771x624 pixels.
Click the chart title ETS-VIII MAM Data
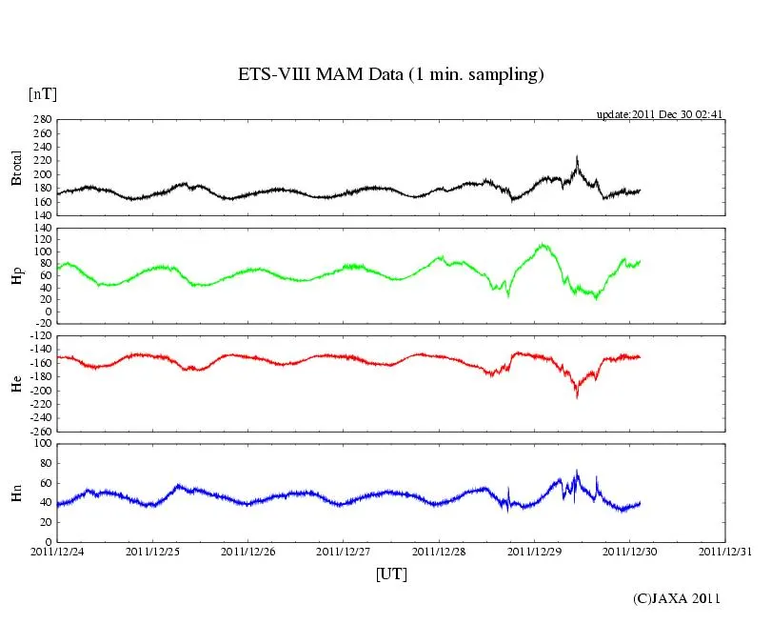[390, 74]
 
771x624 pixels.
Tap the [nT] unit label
[43, 94]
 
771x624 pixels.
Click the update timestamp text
[661, 114]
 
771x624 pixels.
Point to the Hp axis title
[16, 277]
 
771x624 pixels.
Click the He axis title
[16, 383]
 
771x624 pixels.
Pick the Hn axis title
[16, 493]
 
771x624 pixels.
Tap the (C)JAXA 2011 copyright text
[677, 598]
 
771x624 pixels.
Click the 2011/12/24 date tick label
[57, 552]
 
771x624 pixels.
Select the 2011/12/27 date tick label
[344, 552]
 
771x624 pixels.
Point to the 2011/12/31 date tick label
[725, 552]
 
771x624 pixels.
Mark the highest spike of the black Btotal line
[577, 157]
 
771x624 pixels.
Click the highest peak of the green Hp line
[543, 244]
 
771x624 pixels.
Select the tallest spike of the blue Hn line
[577, 470]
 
